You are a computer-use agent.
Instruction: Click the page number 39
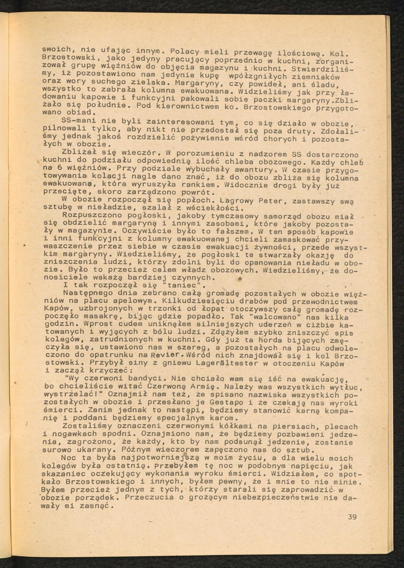tap(352, 517)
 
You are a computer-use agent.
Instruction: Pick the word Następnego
tap(88, 294)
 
